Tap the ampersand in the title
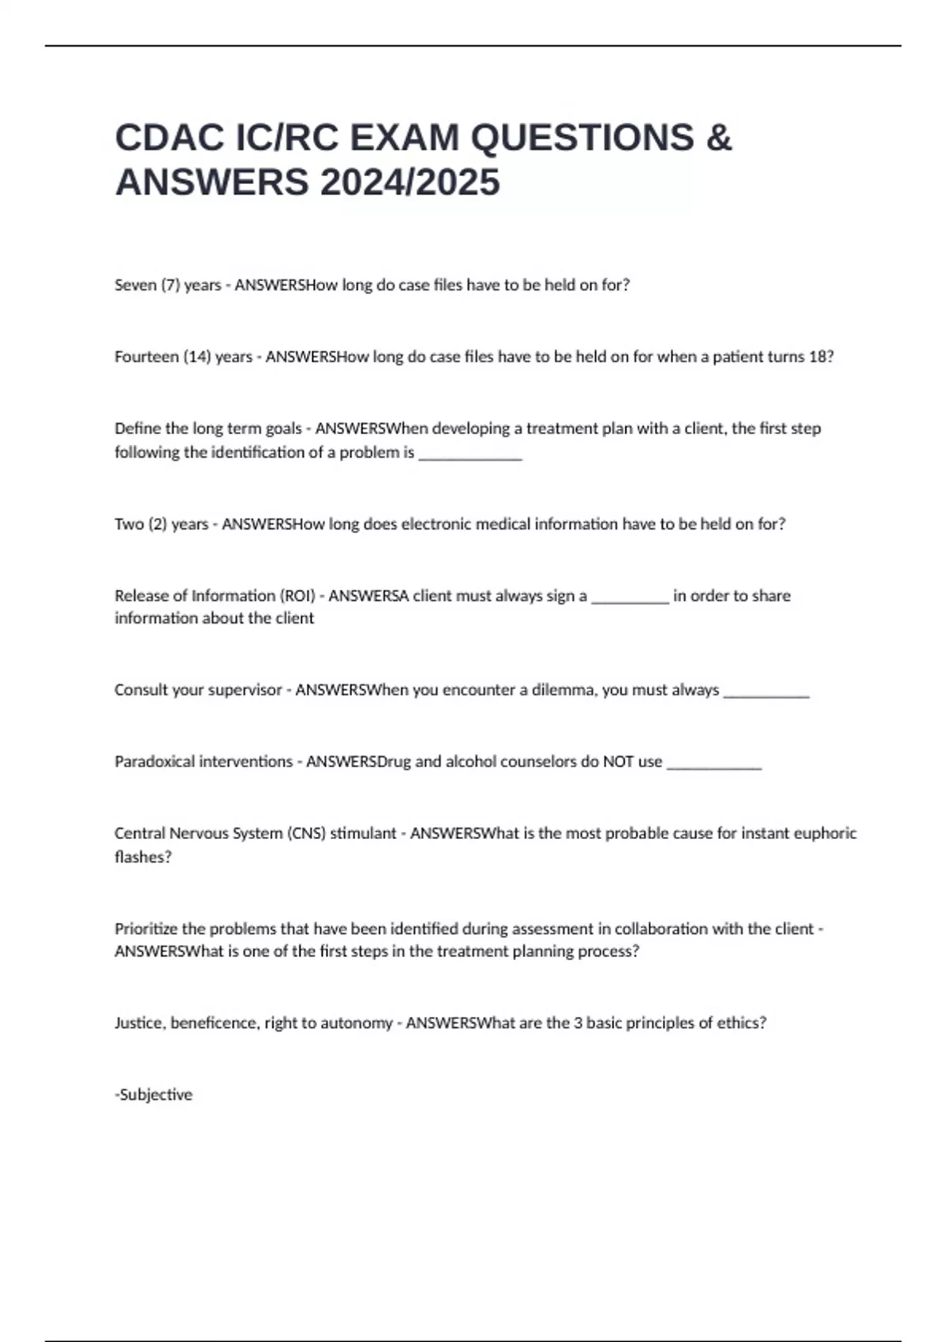[x=718, y=137]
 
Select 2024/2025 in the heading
[x=410, y=182]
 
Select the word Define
[x=137, y=429]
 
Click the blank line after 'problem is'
[x=470, y=454]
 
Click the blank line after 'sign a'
[x=630, y=598]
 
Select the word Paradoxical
[x=154, y=762]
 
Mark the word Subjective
[x=155, y=1095]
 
